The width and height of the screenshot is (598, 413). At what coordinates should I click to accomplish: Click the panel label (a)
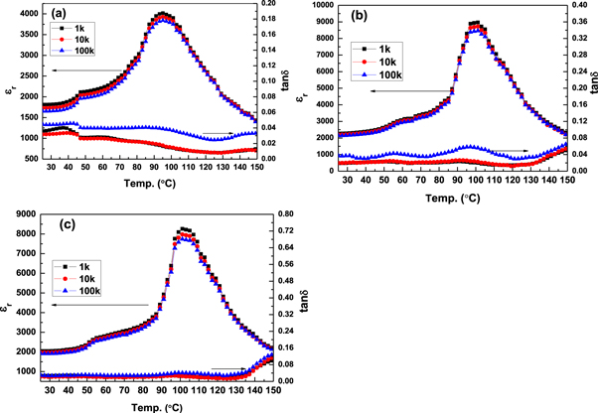[52, 16]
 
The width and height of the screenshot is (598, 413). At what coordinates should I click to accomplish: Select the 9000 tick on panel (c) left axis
[24, 213]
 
